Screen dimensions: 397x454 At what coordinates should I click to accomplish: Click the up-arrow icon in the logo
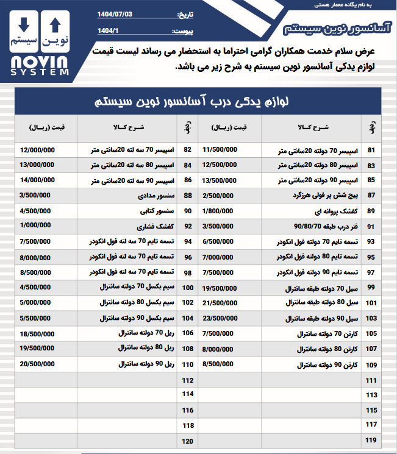[x=55, y=25]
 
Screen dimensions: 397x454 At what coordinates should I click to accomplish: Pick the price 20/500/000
[x=37, y=363]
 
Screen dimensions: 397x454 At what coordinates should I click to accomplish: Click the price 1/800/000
[x=221, y=211]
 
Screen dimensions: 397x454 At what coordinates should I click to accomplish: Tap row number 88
[x=187, y=196]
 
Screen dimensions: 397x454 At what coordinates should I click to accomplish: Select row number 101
[x=370, y=303]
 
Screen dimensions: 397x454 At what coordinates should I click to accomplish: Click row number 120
[x=187, y=440]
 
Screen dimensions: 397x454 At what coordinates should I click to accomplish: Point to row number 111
[x=370, y=380]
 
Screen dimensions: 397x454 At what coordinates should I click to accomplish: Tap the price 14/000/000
[x=37, y=180]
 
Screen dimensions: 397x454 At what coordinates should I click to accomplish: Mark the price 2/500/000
[x=221, y=196]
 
